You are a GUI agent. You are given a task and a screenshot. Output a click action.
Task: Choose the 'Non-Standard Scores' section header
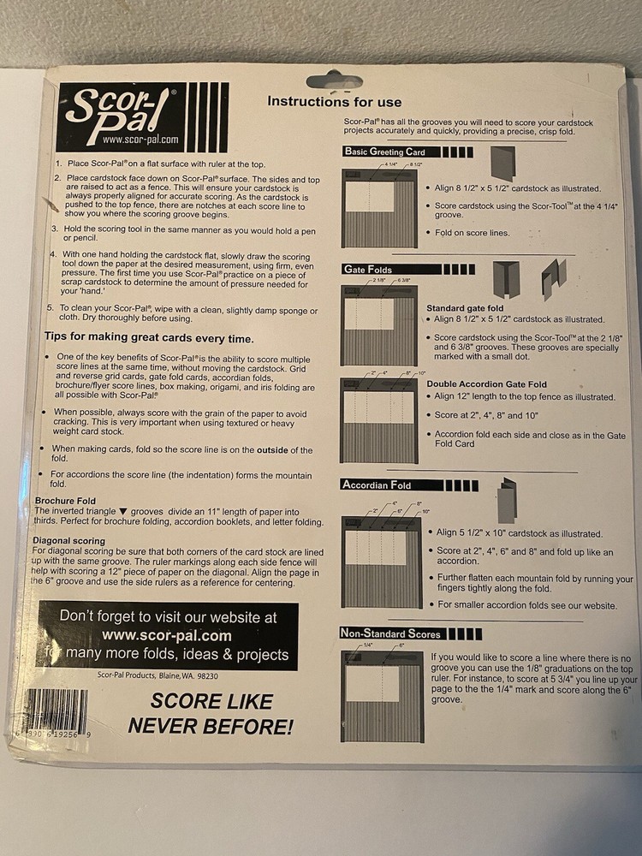click(391, 633)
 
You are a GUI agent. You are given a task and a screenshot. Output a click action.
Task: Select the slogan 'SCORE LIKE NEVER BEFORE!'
click(211, 713)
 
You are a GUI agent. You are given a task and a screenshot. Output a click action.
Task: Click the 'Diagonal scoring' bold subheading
click(69, 541)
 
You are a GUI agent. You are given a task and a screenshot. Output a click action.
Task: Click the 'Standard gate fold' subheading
click(466, 307)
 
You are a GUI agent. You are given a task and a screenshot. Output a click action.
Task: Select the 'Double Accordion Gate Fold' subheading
click(487, 384)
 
